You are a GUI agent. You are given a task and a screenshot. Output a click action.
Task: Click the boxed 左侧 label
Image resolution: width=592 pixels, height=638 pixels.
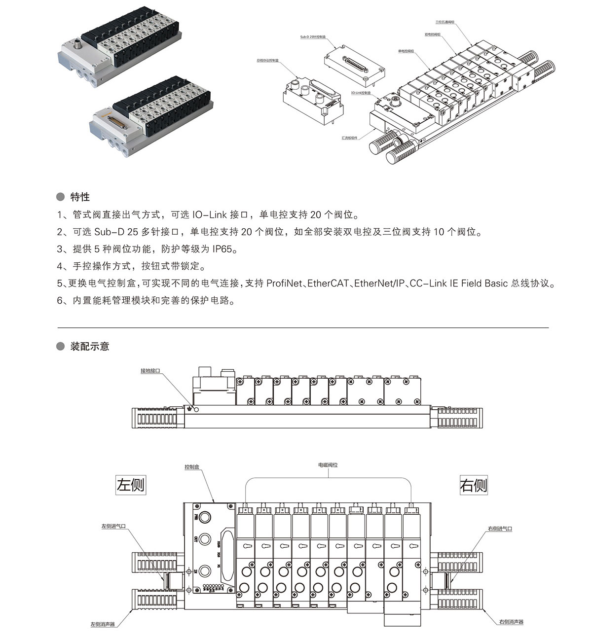point(131,484)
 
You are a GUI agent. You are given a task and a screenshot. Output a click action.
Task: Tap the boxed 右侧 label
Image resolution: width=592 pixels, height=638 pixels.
point(473,485)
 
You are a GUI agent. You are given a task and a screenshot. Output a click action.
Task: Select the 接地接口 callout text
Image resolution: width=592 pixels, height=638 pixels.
point(150,370)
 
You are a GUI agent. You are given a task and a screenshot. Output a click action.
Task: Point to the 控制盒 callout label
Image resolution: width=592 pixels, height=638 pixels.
point(192,466)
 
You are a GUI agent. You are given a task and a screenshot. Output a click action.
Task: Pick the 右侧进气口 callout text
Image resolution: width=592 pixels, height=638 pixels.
point(500,529)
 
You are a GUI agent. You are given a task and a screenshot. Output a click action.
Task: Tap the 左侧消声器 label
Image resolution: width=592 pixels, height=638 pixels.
point(102,624)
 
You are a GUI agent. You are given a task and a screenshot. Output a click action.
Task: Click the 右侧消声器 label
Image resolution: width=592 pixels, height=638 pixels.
point(511,622)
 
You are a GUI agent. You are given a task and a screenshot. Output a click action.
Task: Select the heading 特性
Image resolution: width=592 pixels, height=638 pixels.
point(80,197)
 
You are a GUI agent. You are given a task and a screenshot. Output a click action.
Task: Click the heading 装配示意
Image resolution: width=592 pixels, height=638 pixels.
point(90,346)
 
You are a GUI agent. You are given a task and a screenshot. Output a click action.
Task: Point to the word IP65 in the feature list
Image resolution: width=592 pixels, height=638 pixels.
point(224,249)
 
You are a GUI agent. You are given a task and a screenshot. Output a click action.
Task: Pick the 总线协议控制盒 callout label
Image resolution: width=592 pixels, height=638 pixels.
point(268,60)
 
